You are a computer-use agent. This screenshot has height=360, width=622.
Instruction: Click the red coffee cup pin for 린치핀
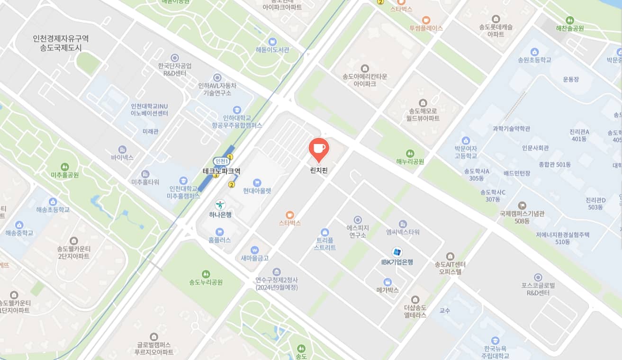point(318,149)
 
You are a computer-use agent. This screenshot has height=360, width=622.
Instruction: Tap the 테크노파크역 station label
point(221,171)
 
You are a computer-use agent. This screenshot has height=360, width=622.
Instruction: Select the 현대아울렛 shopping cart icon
point(257,182)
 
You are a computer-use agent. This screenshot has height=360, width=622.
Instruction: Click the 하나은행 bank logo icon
point(220,205)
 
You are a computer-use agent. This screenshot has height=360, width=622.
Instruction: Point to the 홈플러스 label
point(219,240)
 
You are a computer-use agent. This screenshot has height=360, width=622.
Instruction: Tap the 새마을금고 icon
point(255,250)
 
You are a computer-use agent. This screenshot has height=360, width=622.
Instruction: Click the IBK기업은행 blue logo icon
point(397,252)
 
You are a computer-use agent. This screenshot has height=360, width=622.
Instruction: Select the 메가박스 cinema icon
point(388,281)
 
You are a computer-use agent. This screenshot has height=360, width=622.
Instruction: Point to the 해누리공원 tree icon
point(410,153)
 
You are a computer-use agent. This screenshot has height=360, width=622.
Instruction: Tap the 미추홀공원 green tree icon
point(64,167)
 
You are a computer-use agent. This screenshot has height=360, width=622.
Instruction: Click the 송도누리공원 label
point(206,282)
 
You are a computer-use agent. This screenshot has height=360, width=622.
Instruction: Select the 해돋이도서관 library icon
point(272,41)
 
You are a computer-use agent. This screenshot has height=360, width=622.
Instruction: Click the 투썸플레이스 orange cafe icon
point(426,20)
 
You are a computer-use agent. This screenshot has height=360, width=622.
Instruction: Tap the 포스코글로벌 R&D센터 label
point(538,289)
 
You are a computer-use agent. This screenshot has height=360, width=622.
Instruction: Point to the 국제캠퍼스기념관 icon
point(522,205)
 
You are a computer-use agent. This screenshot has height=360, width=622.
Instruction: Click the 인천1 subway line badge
point(220,161)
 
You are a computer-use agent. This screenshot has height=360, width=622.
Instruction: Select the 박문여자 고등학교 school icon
point(465,140)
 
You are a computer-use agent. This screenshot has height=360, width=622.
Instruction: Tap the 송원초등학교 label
point(534,60)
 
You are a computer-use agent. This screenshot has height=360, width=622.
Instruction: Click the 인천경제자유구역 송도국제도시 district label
point(61,43)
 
